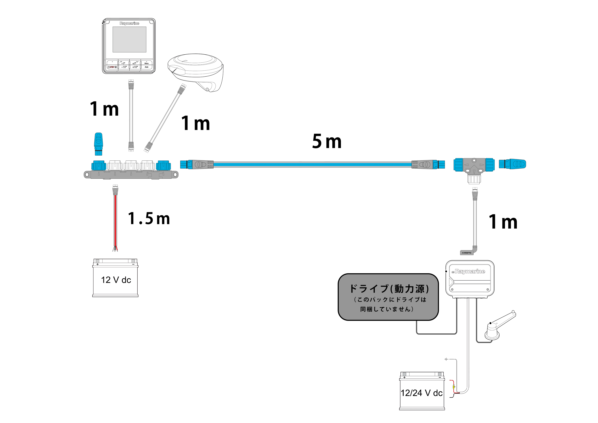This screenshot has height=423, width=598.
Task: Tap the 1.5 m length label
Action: (149, 218)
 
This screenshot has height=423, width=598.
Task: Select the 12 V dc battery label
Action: (116, 280)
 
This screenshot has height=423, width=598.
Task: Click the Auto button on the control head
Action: (146, 67)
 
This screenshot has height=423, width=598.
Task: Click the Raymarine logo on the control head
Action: (129, 23)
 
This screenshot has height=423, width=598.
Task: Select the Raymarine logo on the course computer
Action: (470, 271)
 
